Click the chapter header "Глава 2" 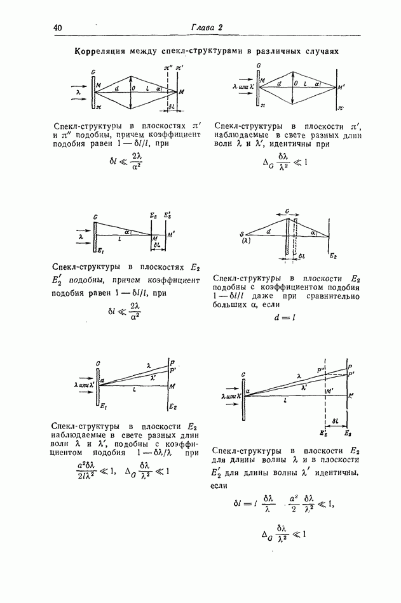[207, 27]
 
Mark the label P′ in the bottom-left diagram [173, 369]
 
